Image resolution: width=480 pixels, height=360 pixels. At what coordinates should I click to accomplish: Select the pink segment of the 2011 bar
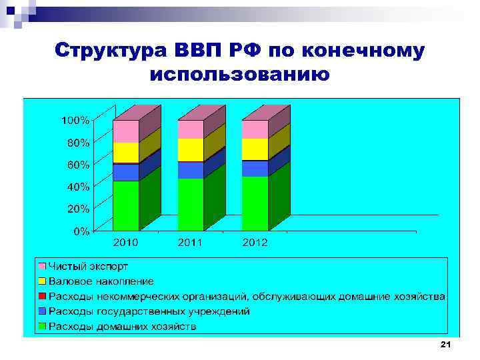tap(190, 129)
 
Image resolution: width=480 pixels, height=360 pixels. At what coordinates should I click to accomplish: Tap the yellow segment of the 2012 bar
tap(255, 149)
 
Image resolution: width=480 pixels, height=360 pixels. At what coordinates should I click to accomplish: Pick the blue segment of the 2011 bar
tap(190, 170)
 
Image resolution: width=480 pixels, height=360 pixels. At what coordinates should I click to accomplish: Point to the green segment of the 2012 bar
tap(255, 203)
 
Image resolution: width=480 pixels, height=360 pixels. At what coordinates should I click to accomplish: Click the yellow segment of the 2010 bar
tap(126, 153)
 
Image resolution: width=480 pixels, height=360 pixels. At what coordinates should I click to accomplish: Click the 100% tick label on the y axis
tap(75, 121)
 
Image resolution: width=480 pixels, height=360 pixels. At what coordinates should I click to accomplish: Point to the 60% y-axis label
tap(77, 165)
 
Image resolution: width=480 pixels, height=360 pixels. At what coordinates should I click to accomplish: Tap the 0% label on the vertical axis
tap(81, 231)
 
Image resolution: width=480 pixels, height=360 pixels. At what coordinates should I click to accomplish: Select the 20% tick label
tap(77, 209)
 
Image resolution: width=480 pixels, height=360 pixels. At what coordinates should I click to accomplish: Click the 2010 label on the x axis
tap(126, 243)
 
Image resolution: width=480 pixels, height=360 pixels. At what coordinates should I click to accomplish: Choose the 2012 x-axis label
tap(255, 243)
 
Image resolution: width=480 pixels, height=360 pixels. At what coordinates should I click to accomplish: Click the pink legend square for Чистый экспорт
tap(42, 266)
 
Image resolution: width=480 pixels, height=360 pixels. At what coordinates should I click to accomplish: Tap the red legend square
tap(42, 296)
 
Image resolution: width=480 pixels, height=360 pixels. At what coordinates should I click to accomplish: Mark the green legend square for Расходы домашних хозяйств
tap(42, 326)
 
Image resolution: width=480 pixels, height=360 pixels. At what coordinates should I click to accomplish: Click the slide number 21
tap(446, 344)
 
